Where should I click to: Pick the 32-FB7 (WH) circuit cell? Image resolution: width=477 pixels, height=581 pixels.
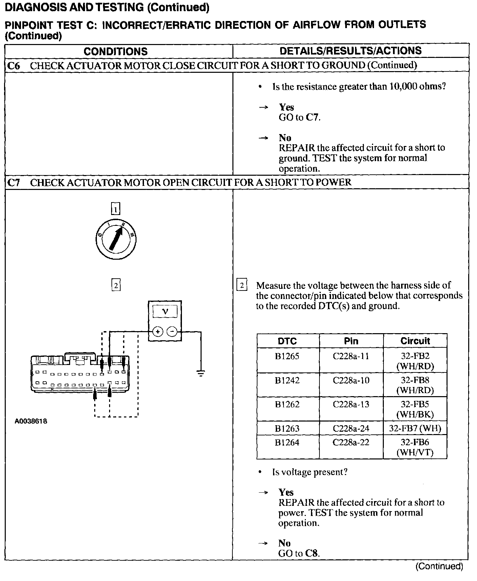[x=415, y=429]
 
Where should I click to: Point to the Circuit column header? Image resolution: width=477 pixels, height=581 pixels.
[x=415, y=341]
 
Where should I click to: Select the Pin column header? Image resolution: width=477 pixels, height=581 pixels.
[x=351, y=341]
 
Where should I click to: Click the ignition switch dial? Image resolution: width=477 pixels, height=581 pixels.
[x=116, y=239]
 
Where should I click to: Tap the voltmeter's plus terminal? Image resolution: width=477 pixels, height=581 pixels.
[x=158, y=331]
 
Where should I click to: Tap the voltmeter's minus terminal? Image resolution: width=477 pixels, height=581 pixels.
[x=172, y=331]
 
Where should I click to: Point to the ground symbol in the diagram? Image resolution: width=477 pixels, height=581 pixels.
[x=201, y=374]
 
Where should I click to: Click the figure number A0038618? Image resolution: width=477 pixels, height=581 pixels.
[x=31, y=421]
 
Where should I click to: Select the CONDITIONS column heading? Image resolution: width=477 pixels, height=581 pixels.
[x=116, y=51]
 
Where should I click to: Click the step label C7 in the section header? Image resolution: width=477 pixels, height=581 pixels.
[x=14, y=183]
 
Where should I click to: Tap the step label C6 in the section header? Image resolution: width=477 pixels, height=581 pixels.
[x=14, y=66]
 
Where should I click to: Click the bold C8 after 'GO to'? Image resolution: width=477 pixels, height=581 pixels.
[x=312, y=553]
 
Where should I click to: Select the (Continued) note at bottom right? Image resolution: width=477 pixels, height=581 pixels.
[x=439, y=566]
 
